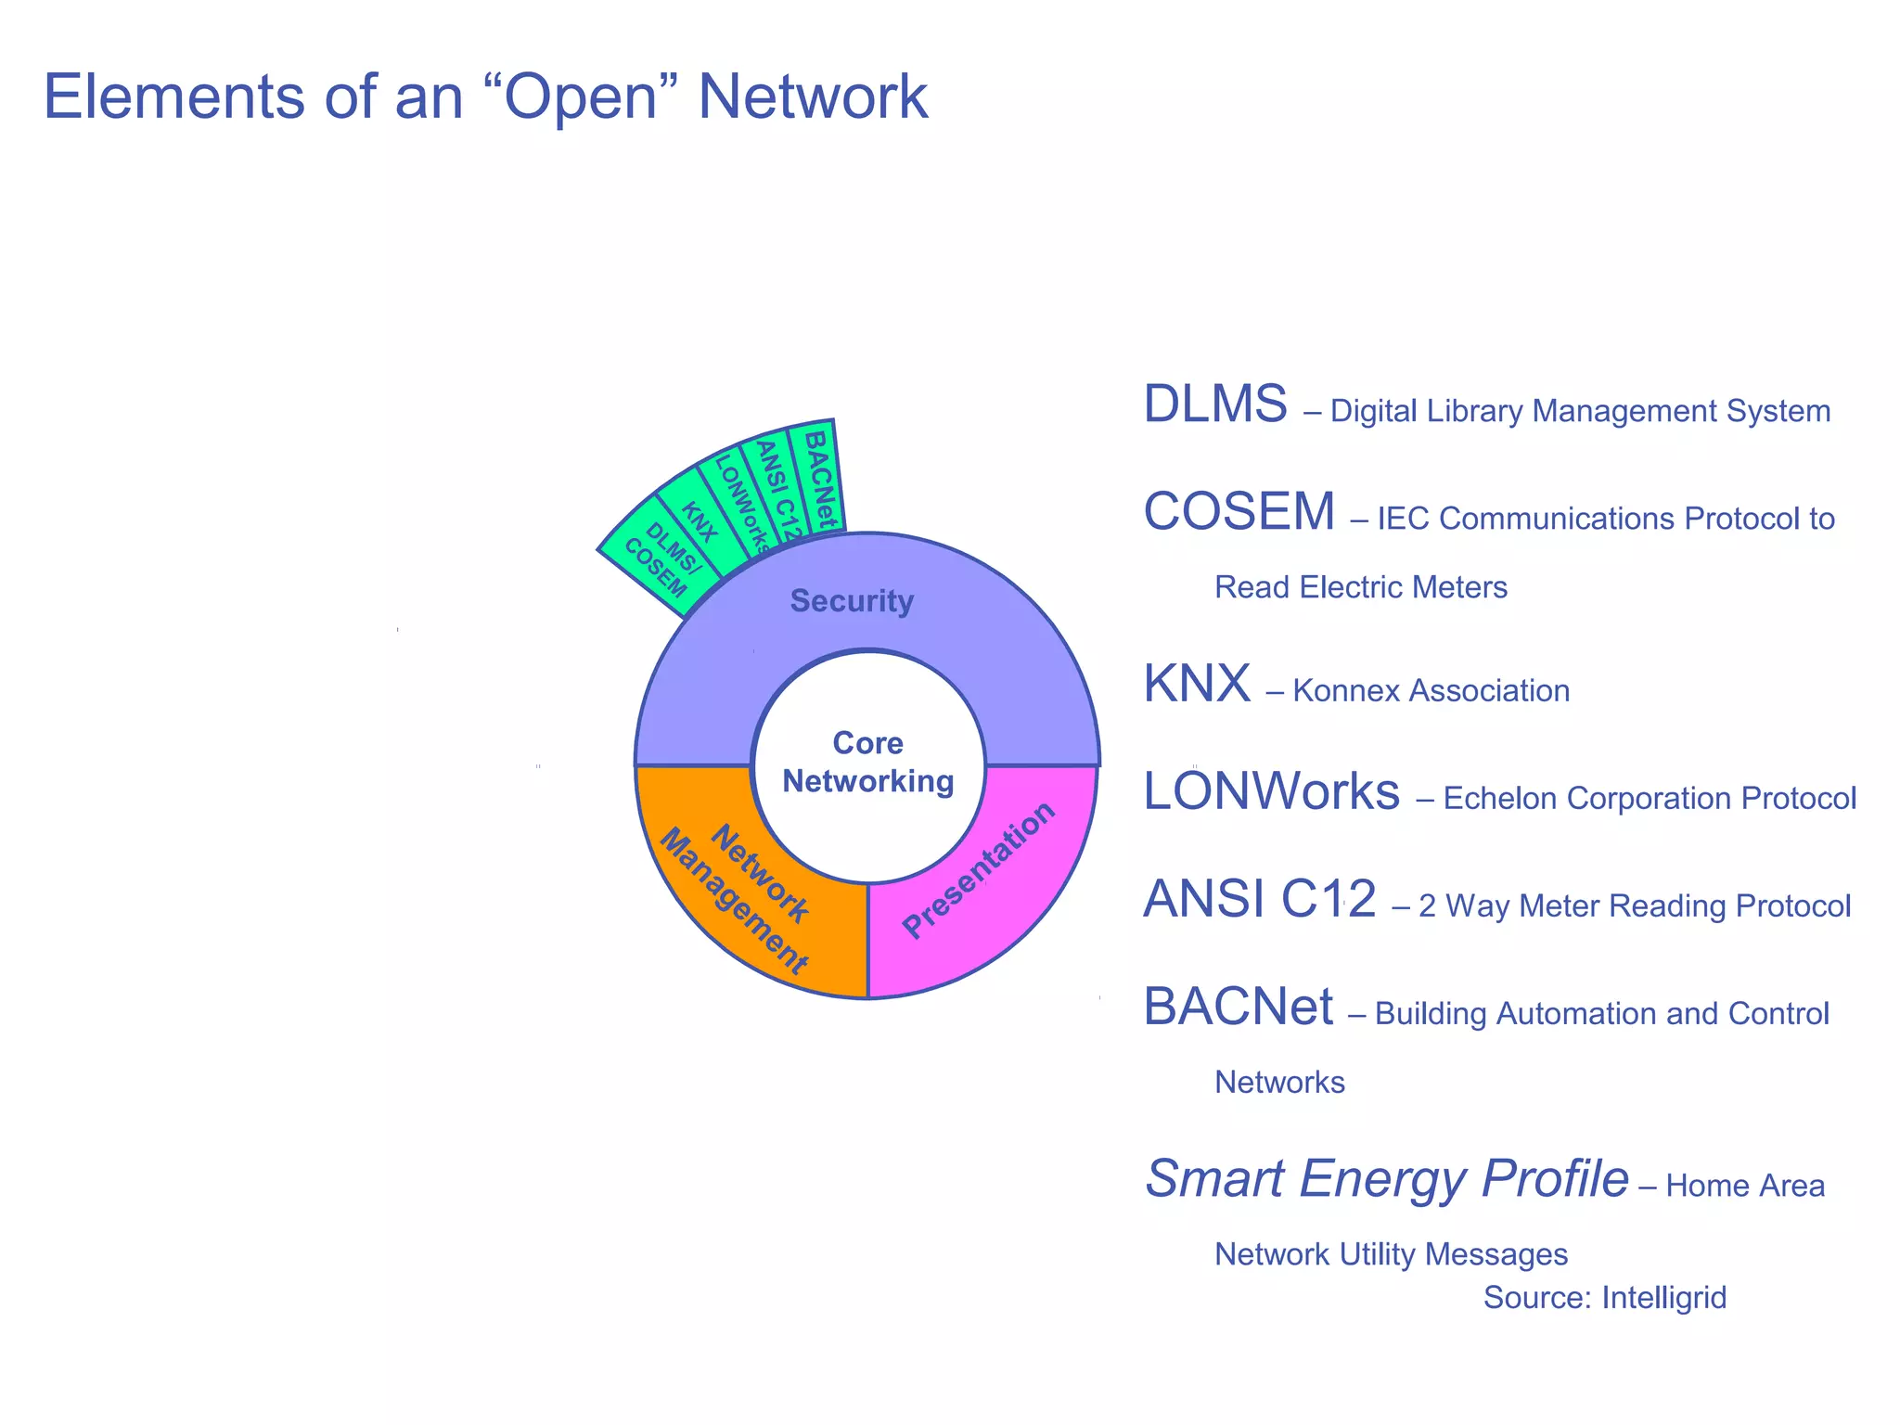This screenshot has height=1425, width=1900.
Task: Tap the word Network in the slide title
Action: (812, 96)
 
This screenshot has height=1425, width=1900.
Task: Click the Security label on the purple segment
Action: (852, 601)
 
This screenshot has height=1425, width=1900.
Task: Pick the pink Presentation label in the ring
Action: (978, 869)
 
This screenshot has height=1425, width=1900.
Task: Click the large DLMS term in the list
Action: (1214, 404)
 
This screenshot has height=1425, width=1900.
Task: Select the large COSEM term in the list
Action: (1239, 511)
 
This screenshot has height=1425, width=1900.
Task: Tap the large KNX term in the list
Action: (1197, 684)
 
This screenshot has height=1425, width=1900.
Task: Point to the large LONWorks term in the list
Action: (1271, 791)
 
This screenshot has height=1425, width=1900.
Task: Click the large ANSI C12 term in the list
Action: (1259, 899)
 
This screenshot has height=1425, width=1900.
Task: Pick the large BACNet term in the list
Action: (1238, 1007)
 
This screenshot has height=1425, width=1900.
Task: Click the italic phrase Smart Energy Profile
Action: (1386, 1179)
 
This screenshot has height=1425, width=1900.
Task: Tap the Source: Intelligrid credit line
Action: (1604, 1297)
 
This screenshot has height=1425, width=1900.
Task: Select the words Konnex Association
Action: (1430, 691)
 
